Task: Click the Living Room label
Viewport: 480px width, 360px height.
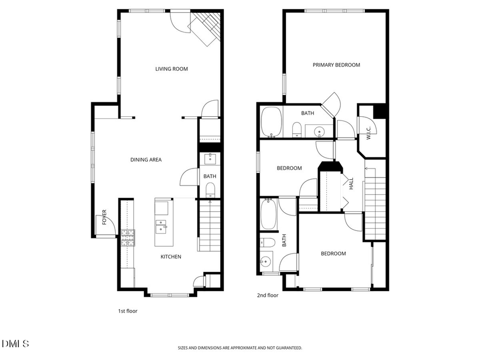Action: pyautogui.click(x=171, y=69)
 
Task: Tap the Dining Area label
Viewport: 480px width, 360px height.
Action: pyautogui.click(x=146, y=159)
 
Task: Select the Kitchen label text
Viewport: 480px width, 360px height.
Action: pyautogui.click(x=171, y=257)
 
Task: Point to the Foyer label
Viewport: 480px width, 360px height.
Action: pyautogui.click(x=105, y=217)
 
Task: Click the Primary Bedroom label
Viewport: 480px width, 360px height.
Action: pyautogui.click(x=336, y=65)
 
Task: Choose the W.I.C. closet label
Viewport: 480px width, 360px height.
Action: pyautogui.click(x=369, y=131)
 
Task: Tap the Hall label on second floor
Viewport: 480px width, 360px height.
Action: pyautogui.click(x=351, y=184)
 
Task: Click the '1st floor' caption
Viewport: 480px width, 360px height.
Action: pyautogui.click(x=127, y=311)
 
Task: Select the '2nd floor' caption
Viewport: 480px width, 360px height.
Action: pyautogui.click(x=267, y=295)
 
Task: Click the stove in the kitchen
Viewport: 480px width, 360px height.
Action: pyautogui.click(x=128, y=238)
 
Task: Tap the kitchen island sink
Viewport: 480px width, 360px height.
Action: pyautogui.click(x=161, y=226)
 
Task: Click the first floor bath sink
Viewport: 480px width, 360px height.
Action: pyautogui.click(x=210, y=158)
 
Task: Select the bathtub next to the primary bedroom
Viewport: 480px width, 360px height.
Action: pyautogui.click(x=272, y=122)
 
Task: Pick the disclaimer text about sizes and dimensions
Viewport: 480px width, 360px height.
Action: pyautogui.click(x=240, y=348)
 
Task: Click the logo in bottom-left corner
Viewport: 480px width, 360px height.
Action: pyautogui.click(x=15, y=344)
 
